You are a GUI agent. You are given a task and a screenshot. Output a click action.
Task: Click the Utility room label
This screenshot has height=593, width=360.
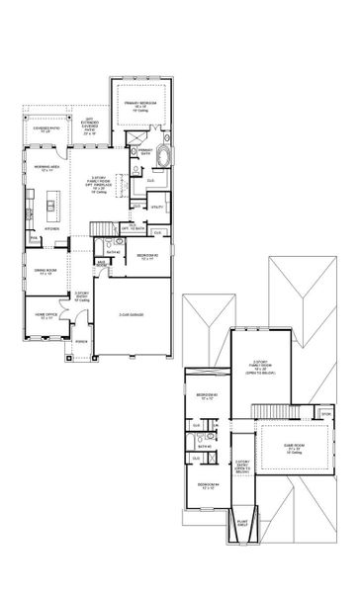point(156,208)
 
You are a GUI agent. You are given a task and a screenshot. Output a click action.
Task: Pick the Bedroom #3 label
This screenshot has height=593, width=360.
point(207,397)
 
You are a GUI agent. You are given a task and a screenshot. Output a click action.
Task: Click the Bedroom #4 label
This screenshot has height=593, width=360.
point(207,483)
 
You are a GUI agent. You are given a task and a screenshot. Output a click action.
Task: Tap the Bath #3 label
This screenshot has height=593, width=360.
point(206,446)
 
